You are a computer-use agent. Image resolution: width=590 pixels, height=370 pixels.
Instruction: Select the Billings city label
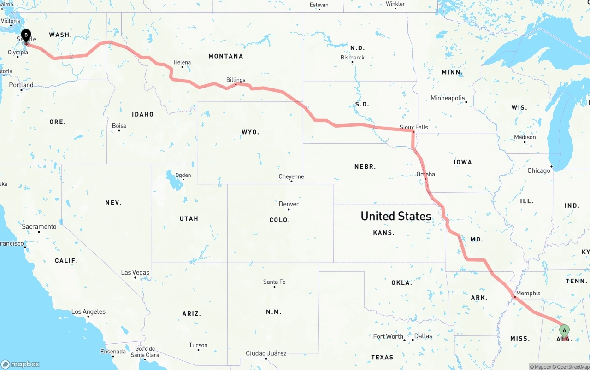pos(236,80)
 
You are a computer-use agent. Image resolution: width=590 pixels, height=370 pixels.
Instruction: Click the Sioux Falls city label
pos(413,127)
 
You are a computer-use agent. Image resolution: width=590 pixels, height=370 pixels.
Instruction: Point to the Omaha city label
pos(425,174)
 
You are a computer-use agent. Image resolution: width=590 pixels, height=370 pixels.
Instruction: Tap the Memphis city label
pos(528,293)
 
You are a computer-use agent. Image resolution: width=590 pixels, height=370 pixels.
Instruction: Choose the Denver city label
pos(289,204)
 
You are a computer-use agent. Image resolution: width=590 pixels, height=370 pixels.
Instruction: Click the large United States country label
pos(395,216)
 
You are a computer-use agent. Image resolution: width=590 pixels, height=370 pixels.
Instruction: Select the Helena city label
pos(182,62)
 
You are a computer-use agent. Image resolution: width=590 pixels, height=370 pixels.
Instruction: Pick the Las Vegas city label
pos(135,272)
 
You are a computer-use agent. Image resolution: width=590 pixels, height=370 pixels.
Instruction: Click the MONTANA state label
pos(225,56)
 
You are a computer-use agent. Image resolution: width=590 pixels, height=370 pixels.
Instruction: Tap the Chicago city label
pos(539,170)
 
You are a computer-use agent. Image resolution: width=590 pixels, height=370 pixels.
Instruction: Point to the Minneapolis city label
pos(448,98)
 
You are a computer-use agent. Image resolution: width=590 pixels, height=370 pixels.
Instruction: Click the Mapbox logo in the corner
pos(20,364)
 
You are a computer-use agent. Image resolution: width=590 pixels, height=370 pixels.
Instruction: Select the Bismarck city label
pos(353,58)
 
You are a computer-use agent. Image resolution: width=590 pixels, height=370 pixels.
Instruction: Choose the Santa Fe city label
pos(274,282)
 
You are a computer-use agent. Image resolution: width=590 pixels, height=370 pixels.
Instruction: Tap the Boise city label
pos(119,126)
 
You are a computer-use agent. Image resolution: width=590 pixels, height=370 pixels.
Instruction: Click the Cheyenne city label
pos(291,176)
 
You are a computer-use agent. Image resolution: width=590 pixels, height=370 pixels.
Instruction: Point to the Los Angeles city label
pos(88,312)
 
